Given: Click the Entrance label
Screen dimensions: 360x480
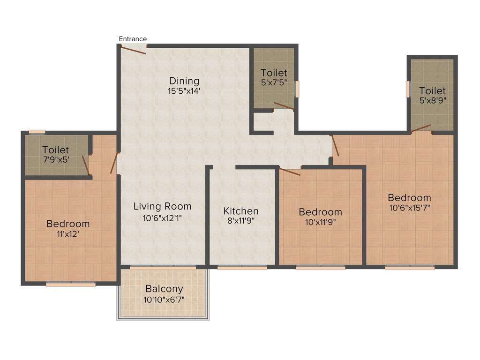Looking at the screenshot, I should (x=133, y=39).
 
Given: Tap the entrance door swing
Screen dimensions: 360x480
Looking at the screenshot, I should (x=133, y=50).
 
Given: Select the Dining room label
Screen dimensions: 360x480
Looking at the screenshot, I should (x=184, y=81).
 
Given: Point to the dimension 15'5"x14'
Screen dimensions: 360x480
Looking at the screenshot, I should (x=184, y=91).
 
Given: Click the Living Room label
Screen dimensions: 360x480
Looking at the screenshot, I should (x=162, y=206).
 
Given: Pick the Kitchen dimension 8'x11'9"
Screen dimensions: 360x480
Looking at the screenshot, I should (x=240, y=221).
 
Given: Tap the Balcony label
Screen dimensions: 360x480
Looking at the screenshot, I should (x=164, y=289).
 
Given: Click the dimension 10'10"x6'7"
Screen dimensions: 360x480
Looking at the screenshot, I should (x=164, y=299).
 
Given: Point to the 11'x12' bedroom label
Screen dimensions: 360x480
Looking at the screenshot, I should (x=68, y=234).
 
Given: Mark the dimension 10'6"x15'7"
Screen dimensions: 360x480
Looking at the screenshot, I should (x=409, y=208).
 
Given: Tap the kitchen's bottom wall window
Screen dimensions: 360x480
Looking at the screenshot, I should (x=242, y=268).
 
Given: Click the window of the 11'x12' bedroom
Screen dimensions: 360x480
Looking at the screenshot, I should (x=71, y=284).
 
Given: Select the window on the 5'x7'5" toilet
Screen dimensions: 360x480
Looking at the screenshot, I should (x=296, y=89).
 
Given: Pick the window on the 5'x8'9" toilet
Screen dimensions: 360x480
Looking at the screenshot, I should (x=408, y=89).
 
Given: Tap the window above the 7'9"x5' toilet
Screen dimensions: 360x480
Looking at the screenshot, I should (x=37, y=132).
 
